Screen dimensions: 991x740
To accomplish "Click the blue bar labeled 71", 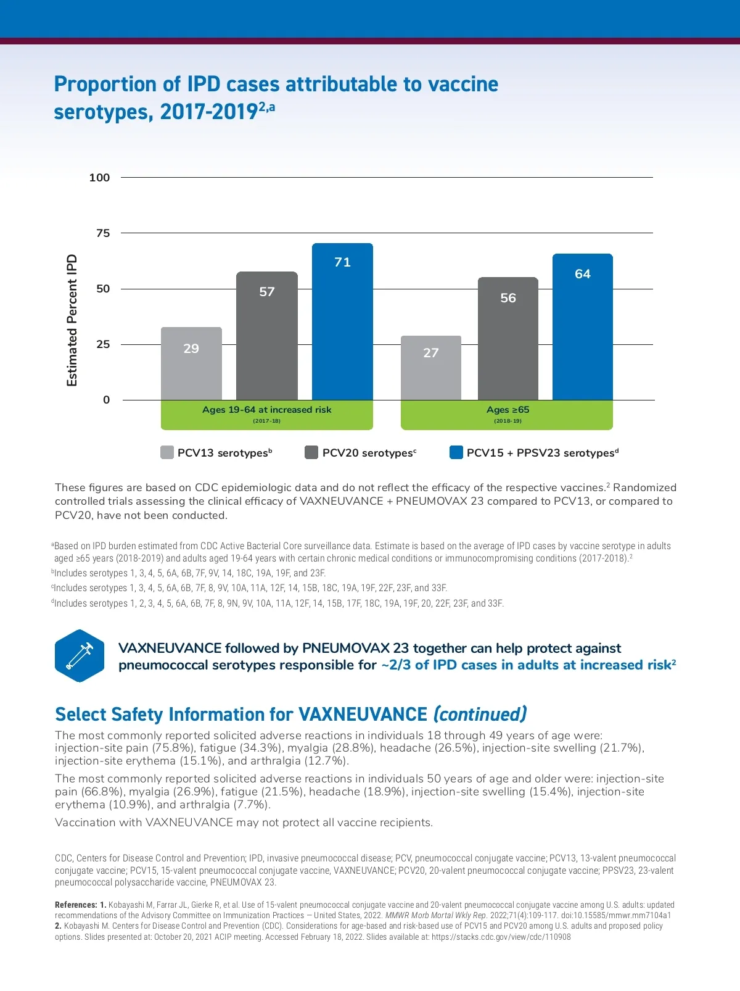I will coord(342,321).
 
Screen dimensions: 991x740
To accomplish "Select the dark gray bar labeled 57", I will coord(266,336).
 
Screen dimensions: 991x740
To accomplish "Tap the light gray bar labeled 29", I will coord(191,363).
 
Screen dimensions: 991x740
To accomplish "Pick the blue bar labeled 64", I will coord(582,326).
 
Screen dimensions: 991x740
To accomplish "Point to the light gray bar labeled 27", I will coord(430,368).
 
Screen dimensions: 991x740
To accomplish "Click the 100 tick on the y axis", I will coord(99,178).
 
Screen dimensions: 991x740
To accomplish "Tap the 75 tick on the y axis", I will coord(103,233).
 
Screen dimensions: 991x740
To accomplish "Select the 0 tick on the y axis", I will coord(106,400).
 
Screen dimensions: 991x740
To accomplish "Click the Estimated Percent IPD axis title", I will coord(72,320).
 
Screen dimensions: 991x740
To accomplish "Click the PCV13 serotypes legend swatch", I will coord(166,452).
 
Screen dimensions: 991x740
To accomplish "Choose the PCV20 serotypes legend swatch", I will coord(311,452).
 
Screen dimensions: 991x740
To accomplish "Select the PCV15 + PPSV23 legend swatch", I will coord(456,452).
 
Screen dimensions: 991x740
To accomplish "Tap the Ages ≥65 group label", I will coord(508,410).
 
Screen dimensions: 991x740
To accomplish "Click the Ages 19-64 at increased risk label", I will coord(266,410).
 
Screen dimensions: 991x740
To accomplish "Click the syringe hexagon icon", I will coord(80,655).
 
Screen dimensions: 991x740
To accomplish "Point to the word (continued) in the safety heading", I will coord(480,714).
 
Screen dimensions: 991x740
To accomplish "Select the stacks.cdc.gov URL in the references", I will coord(501,937).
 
